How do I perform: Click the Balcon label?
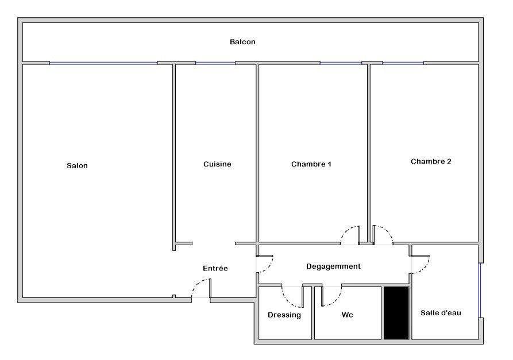242,42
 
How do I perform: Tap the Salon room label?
77,165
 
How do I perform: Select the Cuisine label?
217,164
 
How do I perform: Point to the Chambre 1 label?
311,164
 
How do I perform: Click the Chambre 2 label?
431,161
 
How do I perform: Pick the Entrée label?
215,269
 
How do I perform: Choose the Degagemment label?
333,266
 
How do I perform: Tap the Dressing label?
284,315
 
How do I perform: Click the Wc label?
348,315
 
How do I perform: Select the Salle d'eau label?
441,313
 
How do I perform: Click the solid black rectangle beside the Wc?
396,313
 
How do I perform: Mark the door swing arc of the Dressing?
287,301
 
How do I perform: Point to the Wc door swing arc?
336,300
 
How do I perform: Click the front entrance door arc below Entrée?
196,283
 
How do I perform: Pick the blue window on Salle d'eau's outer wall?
480,290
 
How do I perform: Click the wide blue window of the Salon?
103,63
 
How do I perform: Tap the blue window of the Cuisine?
215,63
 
